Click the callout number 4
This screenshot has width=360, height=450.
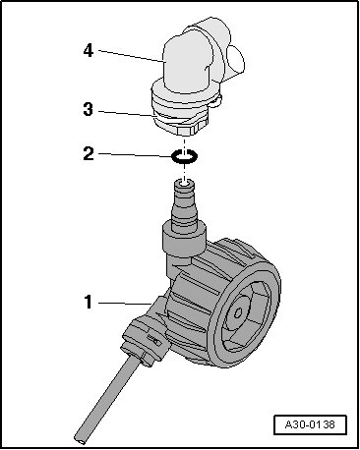click(x=89, y=51)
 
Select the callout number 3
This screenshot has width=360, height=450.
click(x=89, y=109)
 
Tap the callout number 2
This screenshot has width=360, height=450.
click(x=89, y=153)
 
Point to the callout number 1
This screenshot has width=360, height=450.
click(x=89, y=302)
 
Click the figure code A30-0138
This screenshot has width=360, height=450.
click(x=310, y=424)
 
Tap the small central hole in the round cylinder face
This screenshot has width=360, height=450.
click(x=237, y=312)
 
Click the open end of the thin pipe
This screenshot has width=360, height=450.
click(x=80, y=439)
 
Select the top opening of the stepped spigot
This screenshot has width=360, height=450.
click(x=184, y=182)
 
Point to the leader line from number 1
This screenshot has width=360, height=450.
click(x=125, y=304)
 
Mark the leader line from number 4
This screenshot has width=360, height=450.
click(x=131, y=56)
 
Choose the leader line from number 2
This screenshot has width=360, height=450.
click(x=135, y=155)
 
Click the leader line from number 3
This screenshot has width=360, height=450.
click(x=126, y=113)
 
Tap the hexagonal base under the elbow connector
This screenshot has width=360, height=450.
click(x=184, y=130)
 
